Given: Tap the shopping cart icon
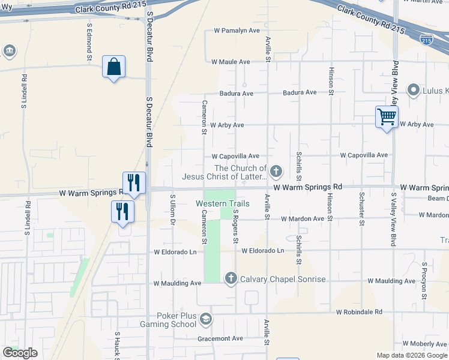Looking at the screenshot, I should point(387,116).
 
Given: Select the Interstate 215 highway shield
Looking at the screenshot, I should point(427,41).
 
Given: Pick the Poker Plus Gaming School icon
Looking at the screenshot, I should point(206,318).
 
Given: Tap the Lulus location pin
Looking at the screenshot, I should point(413,91).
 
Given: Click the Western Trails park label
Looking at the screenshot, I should point(223,203).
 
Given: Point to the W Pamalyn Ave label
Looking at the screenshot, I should point(237,31).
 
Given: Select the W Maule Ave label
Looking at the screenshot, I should point(231,62).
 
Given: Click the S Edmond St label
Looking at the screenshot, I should point(89,41).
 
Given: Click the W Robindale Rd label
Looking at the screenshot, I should point(359,312).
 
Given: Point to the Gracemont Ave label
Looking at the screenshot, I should point(220,338).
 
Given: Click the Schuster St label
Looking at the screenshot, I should point(362,209).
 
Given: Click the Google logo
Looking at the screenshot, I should point(20,353).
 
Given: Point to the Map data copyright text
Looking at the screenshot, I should point(411,355).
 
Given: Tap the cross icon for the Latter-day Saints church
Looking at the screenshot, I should point(276,172).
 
